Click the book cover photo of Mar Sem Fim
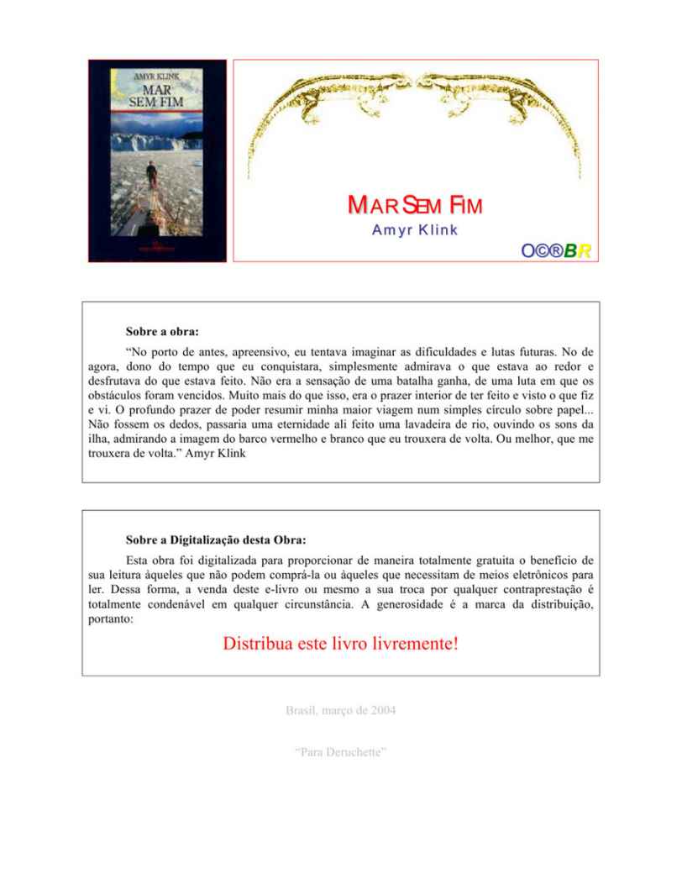[x=157, y=160]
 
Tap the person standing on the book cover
[x=153, y=173]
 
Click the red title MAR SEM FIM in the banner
[x=415, y=207]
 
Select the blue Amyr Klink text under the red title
[x=415, y=230]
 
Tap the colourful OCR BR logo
[x=557, y=250]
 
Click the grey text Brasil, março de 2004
[x=341, y=710]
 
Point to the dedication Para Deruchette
[x=341, y=750]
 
